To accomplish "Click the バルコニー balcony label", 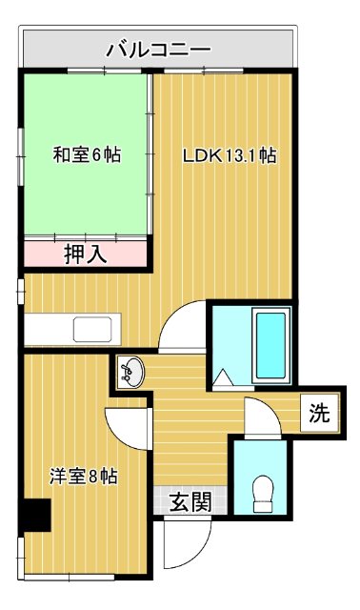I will click(x=158, y=48).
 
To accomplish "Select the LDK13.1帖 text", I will click(x=230, y=155).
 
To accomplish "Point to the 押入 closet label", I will click(x=85, y=254).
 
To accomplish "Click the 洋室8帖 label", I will click(x=84, y=477).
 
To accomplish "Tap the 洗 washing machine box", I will click(x=319, y=414).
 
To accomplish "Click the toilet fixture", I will click(x=260, y=493).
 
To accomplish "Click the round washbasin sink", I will click(x=133, y=371).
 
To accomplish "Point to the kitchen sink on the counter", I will click(x=93, y=331).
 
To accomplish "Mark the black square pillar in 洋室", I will click(x=37, y=515).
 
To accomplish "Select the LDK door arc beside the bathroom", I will click(x=183, y=329).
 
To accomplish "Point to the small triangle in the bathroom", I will click(x=226, y=378).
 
